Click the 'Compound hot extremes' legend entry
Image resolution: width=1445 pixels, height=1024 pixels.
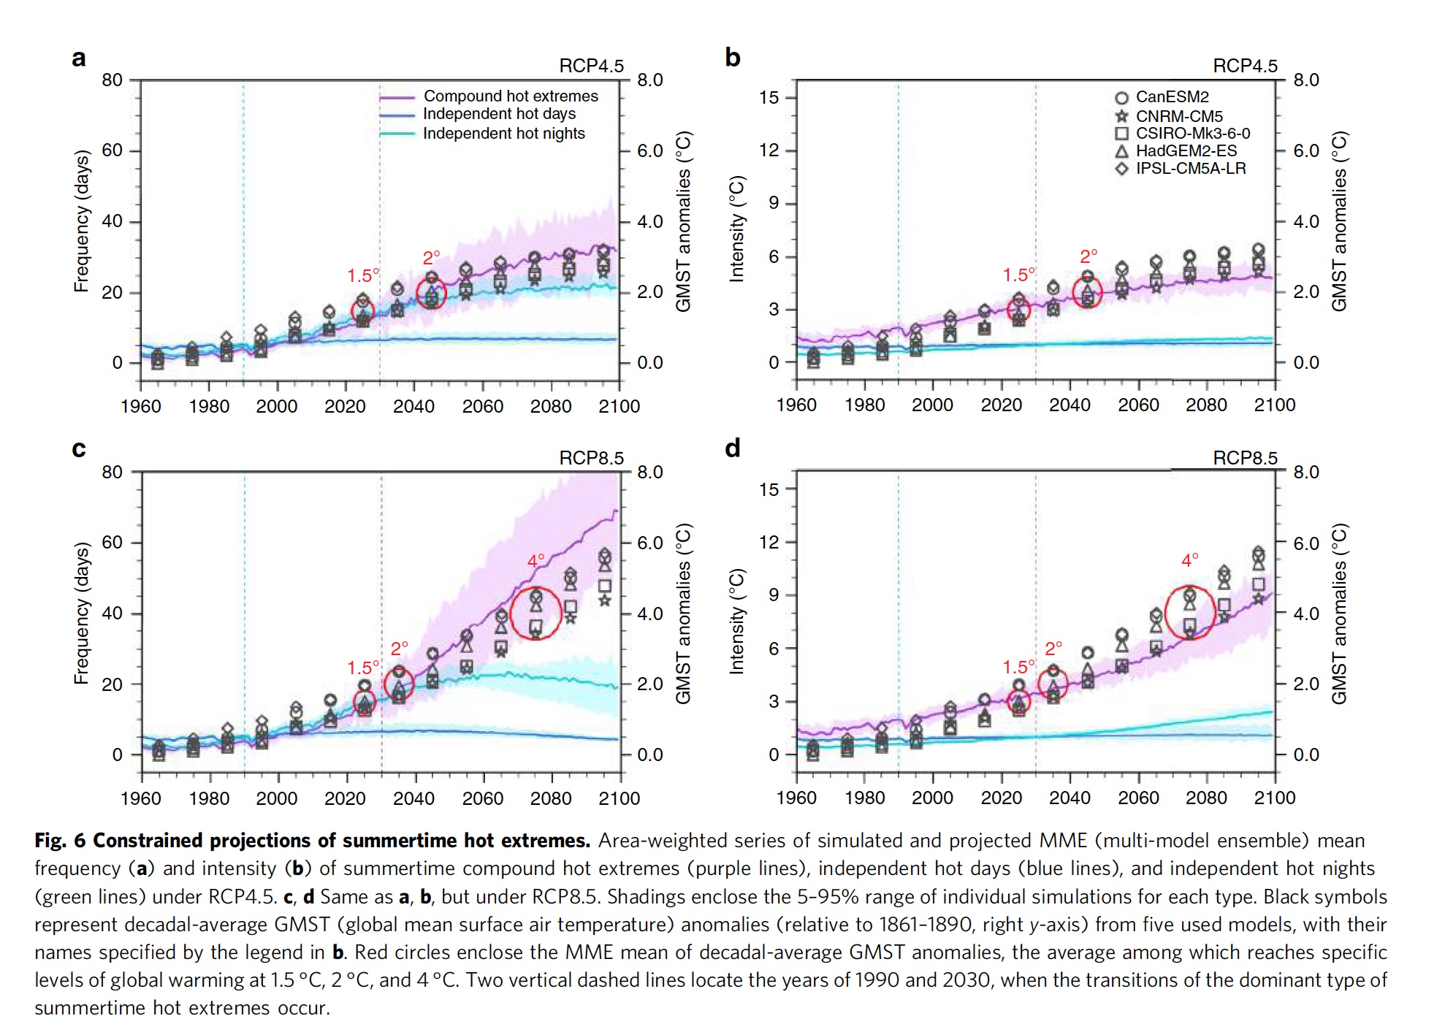click(510, 96)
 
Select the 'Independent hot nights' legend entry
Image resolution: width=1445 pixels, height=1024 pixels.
click(503, 134)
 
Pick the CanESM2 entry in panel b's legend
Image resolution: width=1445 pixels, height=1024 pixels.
click(1171, 97)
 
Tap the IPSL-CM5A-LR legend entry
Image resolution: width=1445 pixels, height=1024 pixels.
click(1190, 169)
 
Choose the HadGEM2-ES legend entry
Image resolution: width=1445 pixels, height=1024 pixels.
click(1186, 151)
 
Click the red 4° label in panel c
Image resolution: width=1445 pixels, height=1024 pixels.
click(535, 561)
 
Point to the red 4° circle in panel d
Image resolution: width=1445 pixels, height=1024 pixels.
click(1190, 613)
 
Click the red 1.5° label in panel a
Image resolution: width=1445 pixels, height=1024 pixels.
click(363, 276)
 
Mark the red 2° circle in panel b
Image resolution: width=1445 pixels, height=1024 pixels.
click(1087, 293)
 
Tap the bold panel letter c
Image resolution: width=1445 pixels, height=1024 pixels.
click(79, 448)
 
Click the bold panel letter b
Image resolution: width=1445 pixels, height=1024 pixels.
click(732, 57)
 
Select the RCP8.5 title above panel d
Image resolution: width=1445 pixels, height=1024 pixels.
click(1245, 458)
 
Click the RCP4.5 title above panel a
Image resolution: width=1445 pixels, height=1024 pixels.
click(591, 66)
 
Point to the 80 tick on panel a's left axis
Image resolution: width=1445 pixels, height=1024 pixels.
click(112, 80)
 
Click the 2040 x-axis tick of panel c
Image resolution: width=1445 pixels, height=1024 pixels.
click(413, 798)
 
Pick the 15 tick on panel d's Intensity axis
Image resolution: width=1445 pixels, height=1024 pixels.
click(769, 489)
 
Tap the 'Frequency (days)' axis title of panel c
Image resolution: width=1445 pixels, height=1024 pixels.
click(81, 613)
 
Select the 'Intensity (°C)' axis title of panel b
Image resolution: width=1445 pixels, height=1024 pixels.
click(736, 229)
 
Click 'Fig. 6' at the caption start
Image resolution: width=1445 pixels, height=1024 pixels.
click(60, 841)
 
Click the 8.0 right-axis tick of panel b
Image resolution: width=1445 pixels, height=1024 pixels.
click(1306, 80)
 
